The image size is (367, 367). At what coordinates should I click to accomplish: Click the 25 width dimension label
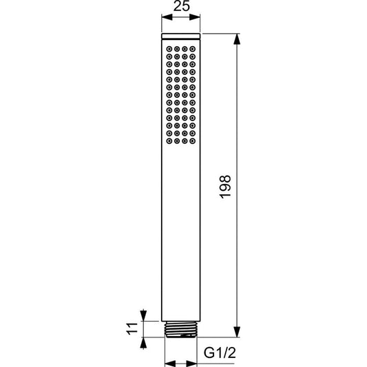(x=182, y=6)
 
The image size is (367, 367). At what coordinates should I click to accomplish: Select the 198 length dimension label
(x=225, y=187)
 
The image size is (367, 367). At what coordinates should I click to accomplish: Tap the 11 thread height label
(x=132, y=329)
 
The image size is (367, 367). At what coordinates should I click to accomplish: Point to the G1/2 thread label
(x=220, y=353)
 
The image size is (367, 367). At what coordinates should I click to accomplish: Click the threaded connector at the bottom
(x=181, y=329)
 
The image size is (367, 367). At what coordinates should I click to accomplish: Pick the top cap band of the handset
(x=181, y=36)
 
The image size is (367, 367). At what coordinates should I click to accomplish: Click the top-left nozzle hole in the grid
(x=169, y=49)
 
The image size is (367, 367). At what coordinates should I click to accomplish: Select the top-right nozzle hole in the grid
(x=192, y=49)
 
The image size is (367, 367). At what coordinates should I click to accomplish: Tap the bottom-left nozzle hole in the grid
(x=169, y=141)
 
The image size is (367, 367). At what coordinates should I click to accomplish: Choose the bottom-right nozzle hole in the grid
(x=192, y=141)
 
